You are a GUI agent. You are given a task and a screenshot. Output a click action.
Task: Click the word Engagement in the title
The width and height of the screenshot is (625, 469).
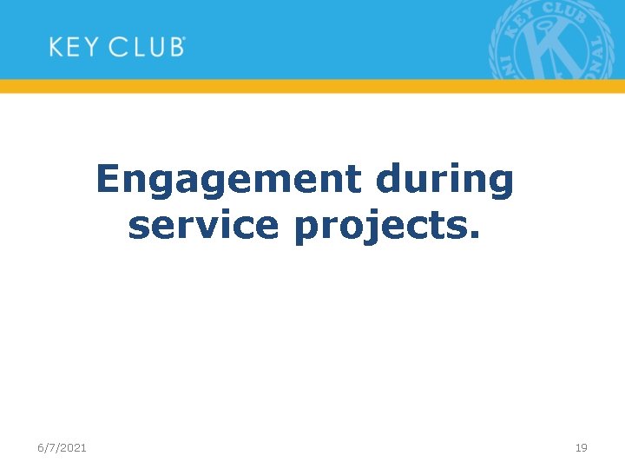tap(227, 181)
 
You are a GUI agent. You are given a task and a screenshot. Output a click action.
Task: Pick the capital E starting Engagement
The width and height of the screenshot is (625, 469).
tap(108, 180)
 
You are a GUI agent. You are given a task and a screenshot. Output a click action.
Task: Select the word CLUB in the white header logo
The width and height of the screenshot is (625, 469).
tap(145, 47)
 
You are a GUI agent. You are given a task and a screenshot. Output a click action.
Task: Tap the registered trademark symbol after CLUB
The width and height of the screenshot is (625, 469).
tap(184, 39)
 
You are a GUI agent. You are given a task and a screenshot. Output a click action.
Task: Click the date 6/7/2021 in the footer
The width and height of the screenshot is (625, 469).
tap(62, 447)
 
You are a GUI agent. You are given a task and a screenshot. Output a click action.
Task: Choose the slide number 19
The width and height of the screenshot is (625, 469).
tap(581, 447)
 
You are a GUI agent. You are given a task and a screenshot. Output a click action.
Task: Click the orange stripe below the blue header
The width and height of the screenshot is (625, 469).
tap(312, 86)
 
